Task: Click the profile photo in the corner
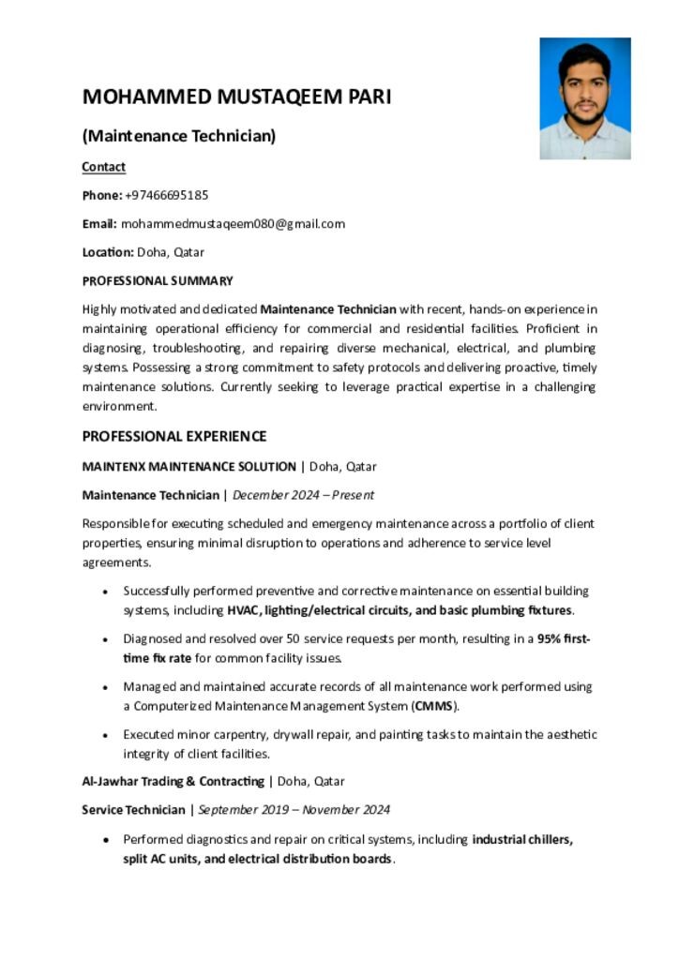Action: tap(584, 98)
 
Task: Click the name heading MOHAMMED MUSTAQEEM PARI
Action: tap(236, 97)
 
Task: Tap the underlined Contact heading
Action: tap(103, 167)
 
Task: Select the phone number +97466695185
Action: tap(166, 195)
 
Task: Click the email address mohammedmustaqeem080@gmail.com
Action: tap(233, 223)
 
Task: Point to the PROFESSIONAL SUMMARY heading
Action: tap(158, 280)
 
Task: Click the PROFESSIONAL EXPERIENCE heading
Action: tap(174, 436)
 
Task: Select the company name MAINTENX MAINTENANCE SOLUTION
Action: tap(189, 466)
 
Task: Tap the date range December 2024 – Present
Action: tap(303, 494)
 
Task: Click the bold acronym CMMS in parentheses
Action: tap(432, 706)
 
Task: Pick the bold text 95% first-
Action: tap(563, 638)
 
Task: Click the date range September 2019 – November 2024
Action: tap(294, 809)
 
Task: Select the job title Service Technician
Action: tap(133, 809)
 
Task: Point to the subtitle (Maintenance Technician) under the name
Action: tap(179, 136)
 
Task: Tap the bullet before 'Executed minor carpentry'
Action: tap(103, 736)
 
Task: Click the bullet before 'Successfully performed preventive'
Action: tap(103, 592)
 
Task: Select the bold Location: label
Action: tap(108, 251)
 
